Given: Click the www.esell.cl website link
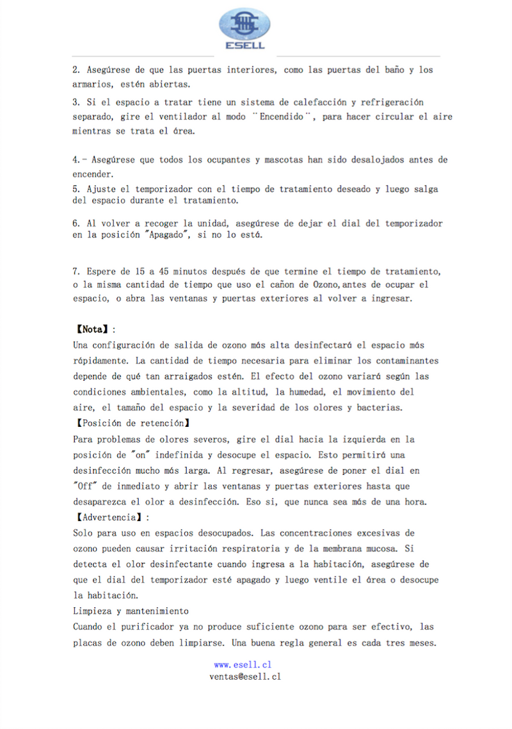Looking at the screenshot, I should [243, 665].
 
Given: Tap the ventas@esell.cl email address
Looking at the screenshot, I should [245, 676].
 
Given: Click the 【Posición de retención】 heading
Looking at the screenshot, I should [133, 423].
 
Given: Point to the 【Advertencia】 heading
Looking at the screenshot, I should [111, 517].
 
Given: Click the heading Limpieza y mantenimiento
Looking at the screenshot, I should [131, 611].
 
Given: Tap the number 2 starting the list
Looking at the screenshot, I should [75, 70].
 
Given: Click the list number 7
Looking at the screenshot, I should [75, 271].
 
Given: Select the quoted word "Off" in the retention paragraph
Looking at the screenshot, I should [83, 486].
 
